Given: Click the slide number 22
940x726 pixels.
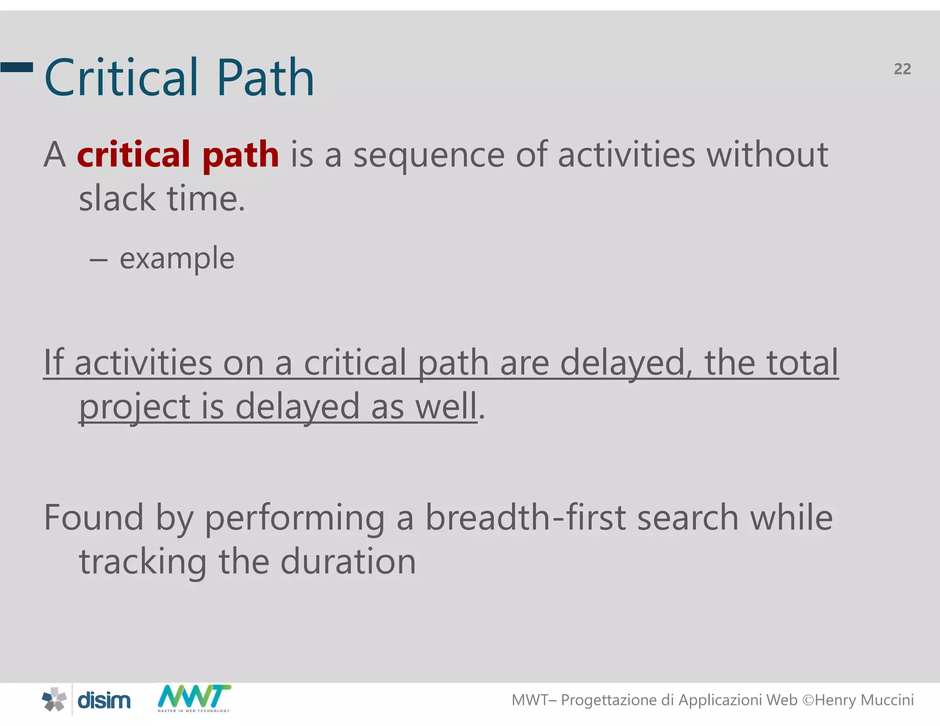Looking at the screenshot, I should tap(902, 69).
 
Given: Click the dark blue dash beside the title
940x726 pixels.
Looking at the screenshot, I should tap(17, 67).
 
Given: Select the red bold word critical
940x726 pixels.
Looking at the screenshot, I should tap(134, 154).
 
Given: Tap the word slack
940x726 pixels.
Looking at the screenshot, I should tap(117, 198).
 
